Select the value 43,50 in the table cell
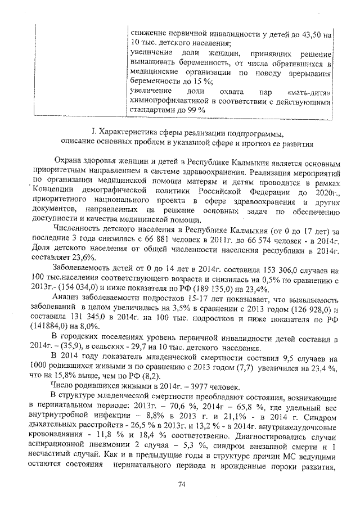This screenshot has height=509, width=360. (x=309, y=34)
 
